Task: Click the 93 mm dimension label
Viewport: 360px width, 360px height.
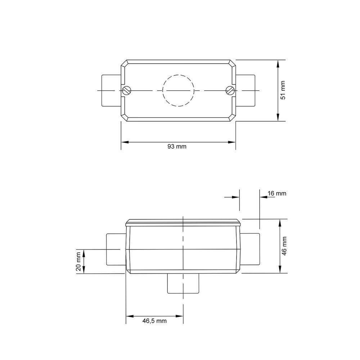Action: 177,147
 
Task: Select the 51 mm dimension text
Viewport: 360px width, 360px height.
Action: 283,90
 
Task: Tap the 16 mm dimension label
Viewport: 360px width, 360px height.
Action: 277,193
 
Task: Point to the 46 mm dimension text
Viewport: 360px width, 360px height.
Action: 284,246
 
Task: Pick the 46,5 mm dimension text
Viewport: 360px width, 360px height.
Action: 154,320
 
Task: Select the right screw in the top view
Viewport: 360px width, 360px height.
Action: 230,90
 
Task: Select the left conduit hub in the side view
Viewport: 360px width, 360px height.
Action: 116,249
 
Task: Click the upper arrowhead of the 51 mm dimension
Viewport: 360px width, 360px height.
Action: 278,63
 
